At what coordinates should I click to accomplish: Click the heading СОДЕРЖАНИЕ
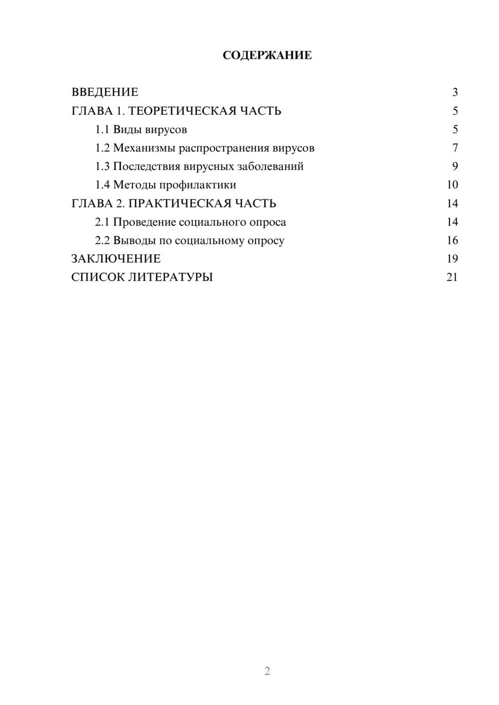click(x=267, y=55)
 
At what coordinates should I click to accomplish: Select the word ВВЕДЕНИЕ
click(x=105, y=92)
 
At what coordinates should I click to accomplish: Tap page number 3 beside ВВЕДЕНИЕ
click(x=455, y=92)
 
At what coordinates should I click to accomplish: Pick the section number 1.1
click(x=102, y=130)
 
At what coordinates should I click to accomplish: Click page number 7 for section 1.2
click(x=455, y=148)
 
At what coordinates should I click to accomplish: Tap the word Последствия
click(x=146, y=167)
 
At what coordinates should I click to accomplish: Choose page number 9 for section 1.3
click(x=455, y=167)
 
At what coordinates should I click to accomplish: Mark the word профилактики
click(x=198, y=185)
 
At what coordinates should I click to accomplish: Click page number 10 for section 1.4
click(x=452, y=185)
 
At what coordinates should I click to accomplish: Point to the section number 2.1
click(x=102, y=222)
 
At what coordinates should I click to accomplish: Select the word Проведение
click(x=144, y=222)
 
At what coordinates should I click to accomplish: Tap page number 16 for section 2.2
click(x=452, y=241)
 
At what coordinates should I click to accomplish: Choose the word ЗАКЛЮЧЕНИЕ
click(x=116, y=259)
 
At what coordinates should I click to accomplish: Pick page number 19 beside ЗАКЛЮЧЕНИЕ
click(x=452, y=259)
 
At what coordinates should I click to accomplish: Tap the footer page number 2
click(x=267, y=671)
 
